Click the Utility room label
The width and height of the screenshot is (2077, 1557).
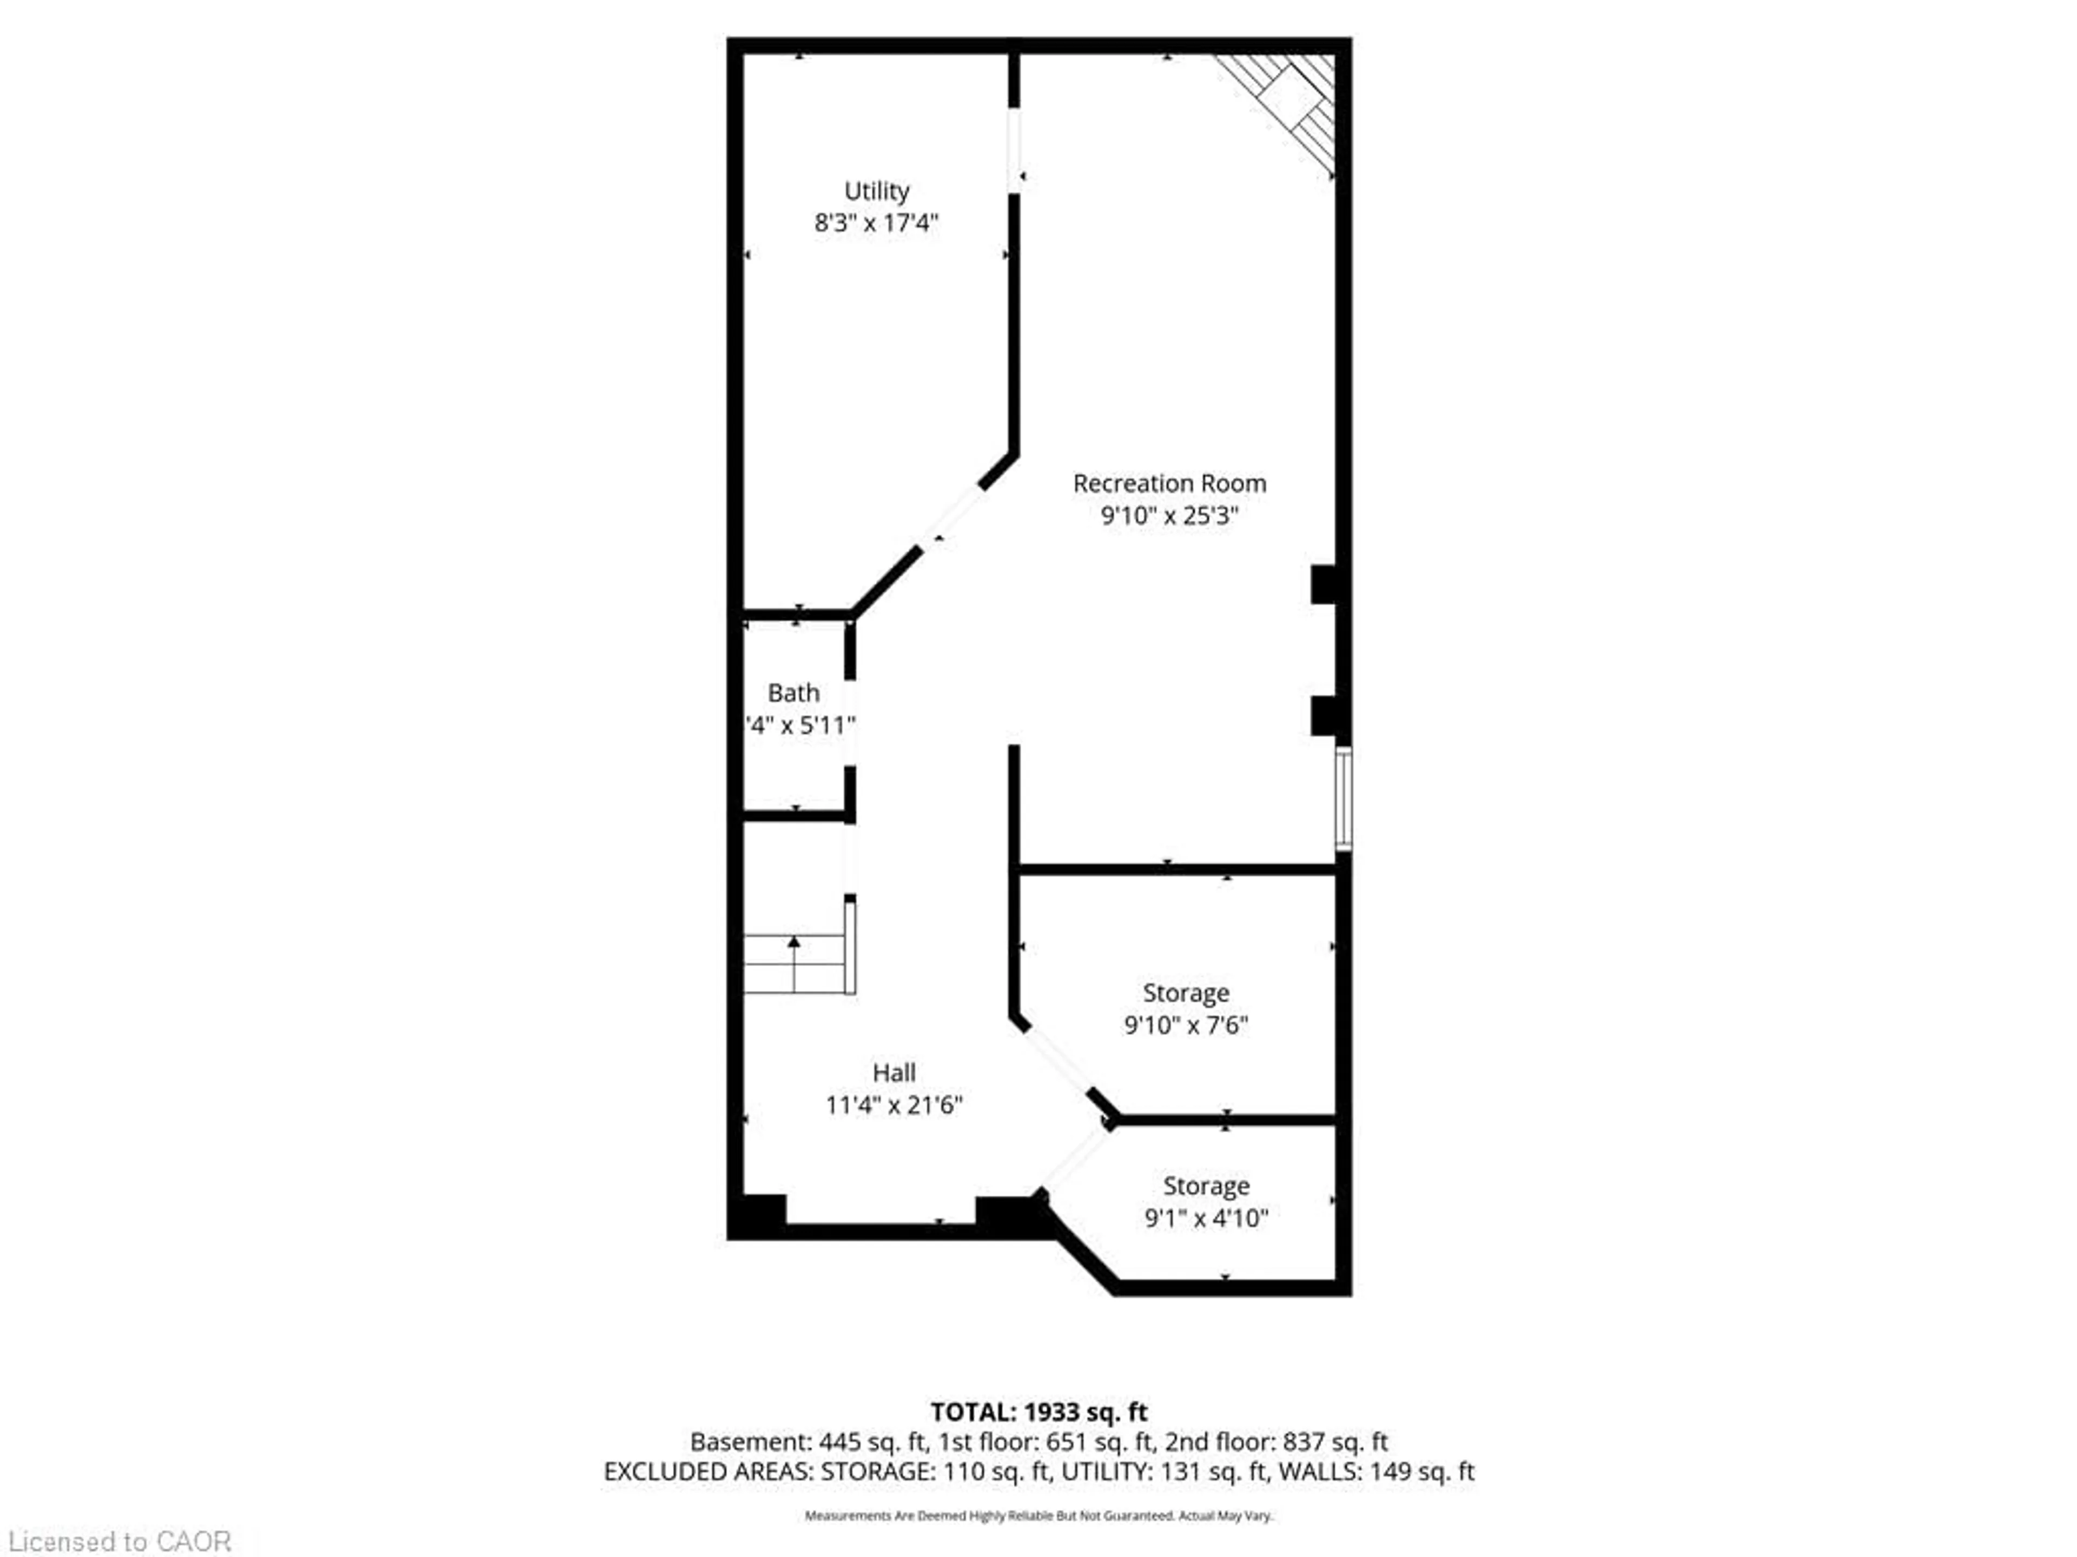[x=876, y=191]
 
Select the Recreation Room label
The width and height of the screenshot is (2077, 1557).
[x=1169, y=483]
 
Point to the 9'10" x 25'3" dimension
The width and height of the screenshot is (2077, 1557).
[x=1169, y=515]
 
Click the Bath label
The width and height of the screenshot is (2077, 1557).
[x=793, y=693]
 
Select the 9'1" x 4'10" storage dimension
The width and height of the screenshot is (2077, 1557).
[x=1206, y=1218]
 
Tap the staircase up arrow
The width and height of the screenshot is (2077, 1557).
[x=795, y=941]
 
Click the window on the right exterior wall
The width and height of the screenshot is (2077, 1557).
[x=1344, y=799]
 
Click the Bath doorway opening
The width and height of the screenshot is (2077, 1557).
[x=850, y=723]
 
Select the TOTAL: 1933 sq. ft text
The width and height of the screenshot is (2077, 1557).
[x=1038, y=1412]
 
